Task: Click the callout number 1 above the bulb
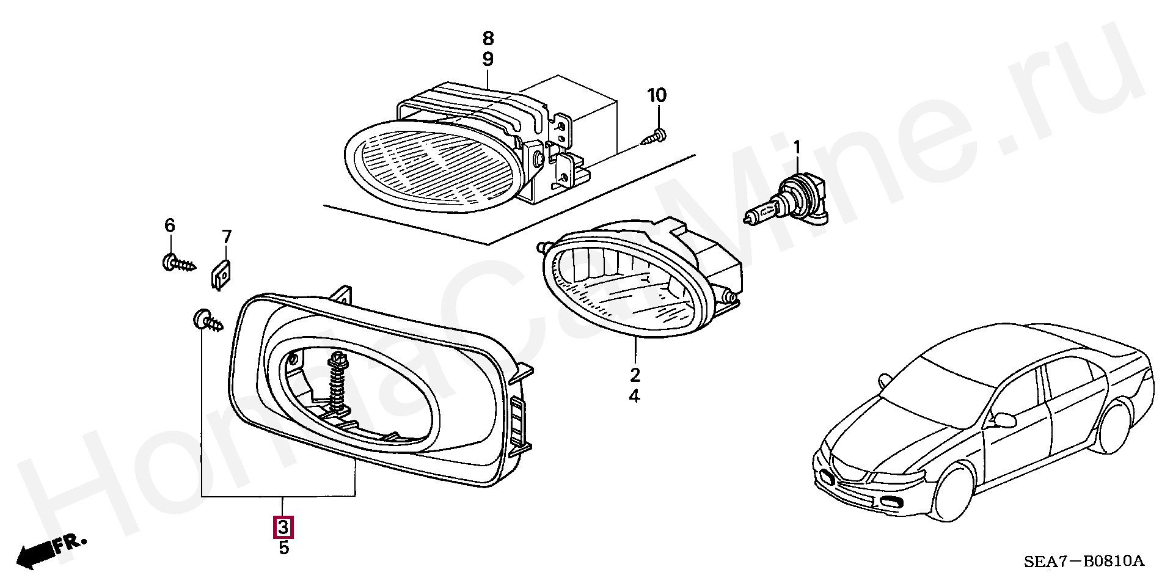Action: pyautogui.click(x=797, y=147)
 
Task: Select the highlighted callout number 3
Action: pyautogui.click(x=283, y=527)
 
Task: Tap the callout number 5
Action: pyautogui.click(x=283, y=548)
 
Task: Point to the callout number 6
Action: pyautogui.click(x=169, y=225)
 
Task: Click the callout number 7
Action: pyautogui.click(x=227, y=236)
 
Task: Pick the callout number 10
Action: pyautogui.click(x=657, y=95)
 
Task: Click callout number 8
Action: pyautogui.click(x=488, y=38)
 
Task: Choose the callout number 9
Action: pyautogui.click(x=488, y=59)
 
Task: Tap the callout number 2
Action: pyautogui.click(x=635, y=375)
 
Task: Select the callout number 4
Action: pyautogui.click(x=635, y=397)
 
